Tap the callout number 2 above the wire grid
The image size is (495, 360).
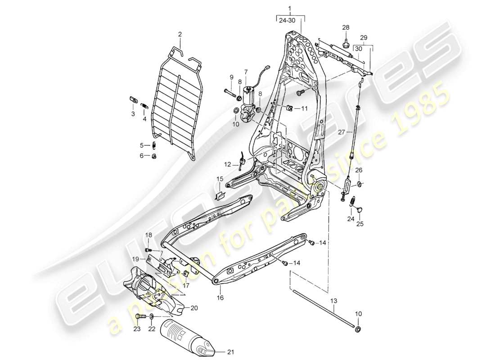click(180, 34)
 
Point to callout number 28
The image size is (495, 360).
click(346, 28)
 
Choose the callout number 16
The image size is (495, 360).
click(220, 298)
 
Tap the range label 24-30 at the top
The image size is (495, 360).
click(290, 20)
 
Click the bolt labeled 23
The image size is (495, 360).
click(139, 317)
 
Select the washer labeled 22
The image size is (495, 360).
click(152, 318)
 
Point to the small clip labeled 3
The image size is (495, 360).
click(133, 99)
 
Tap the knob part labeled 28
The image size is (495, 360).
click(346, 44)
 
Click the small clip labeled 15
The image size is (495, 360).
click(220, 194)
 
